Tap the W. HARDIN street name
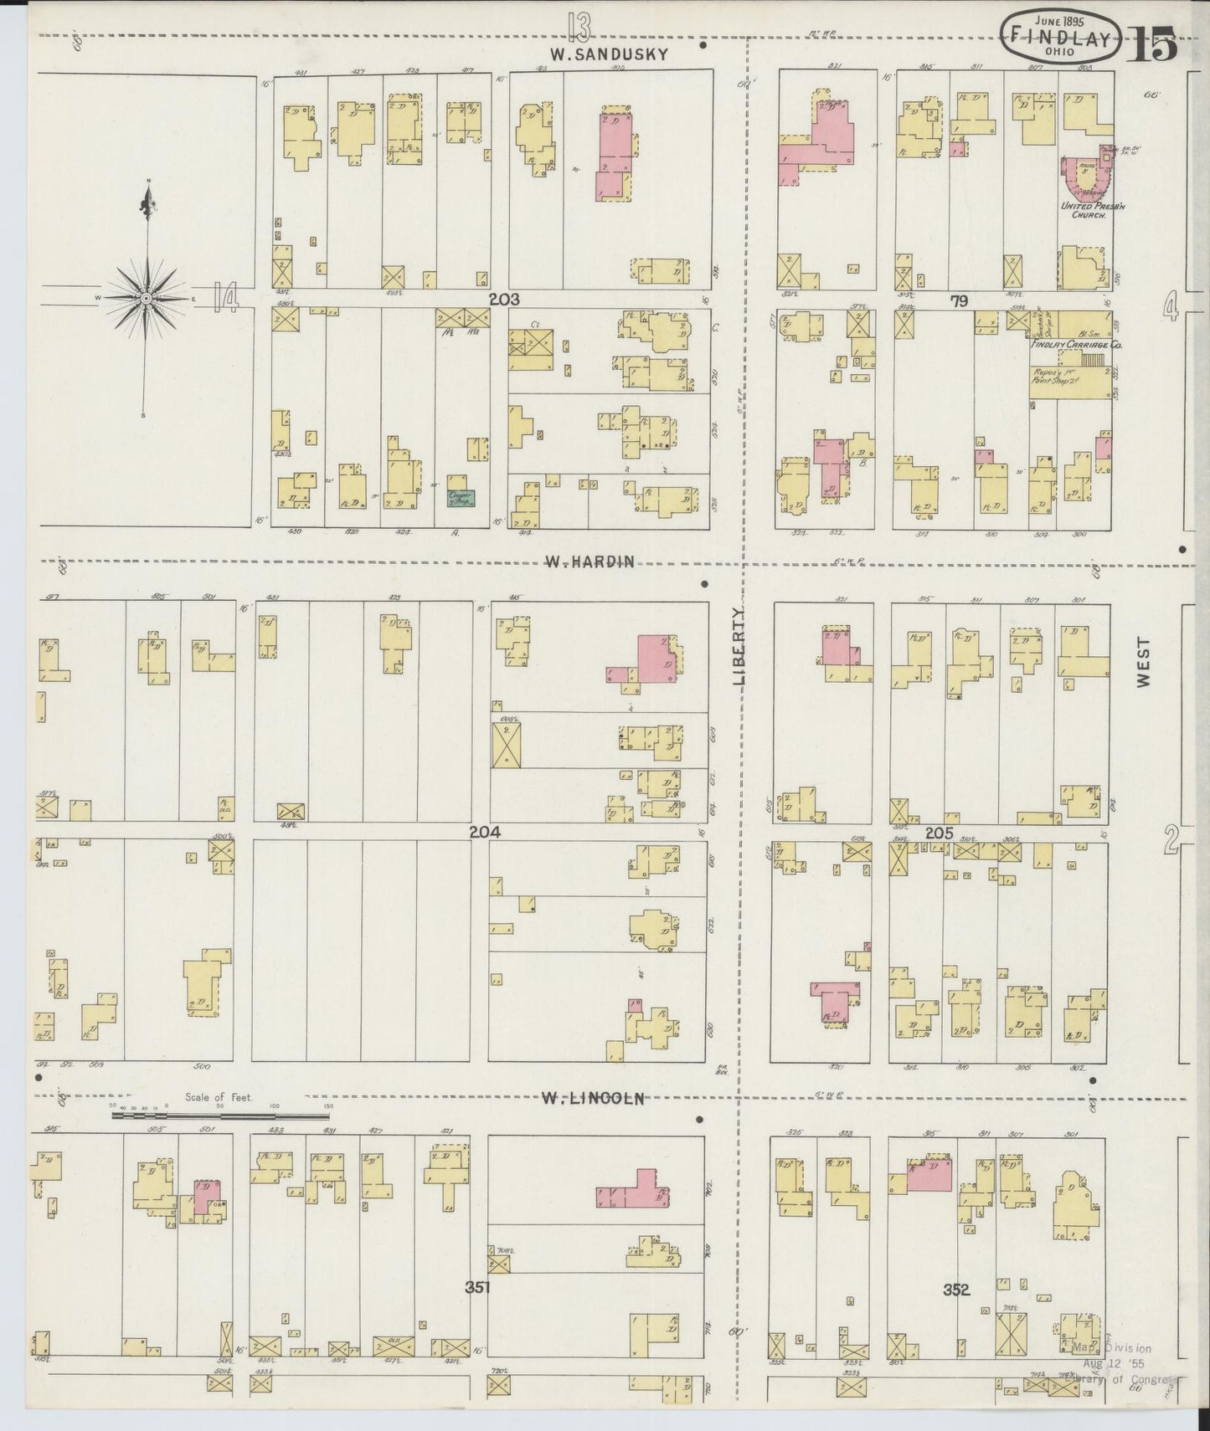(x=589, y=562)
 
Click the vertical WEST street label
(x=1144, y=664)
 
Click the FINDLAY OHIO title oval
(x=1059, y=38)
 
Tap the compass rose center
(x=147, y=298)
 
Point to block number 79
(x=958, y=300)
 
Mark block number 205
(x=940, y=833)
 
